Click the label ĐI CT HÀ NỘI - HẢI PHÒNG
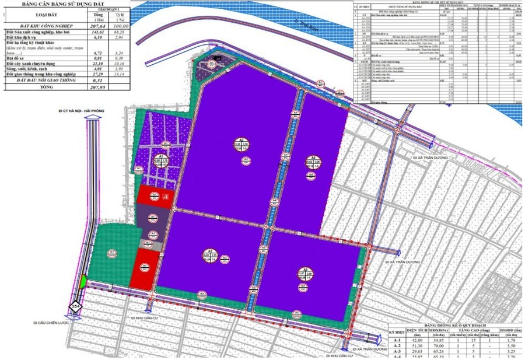click(85, 109)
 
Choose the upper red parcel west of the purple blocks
click(155, 197)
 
